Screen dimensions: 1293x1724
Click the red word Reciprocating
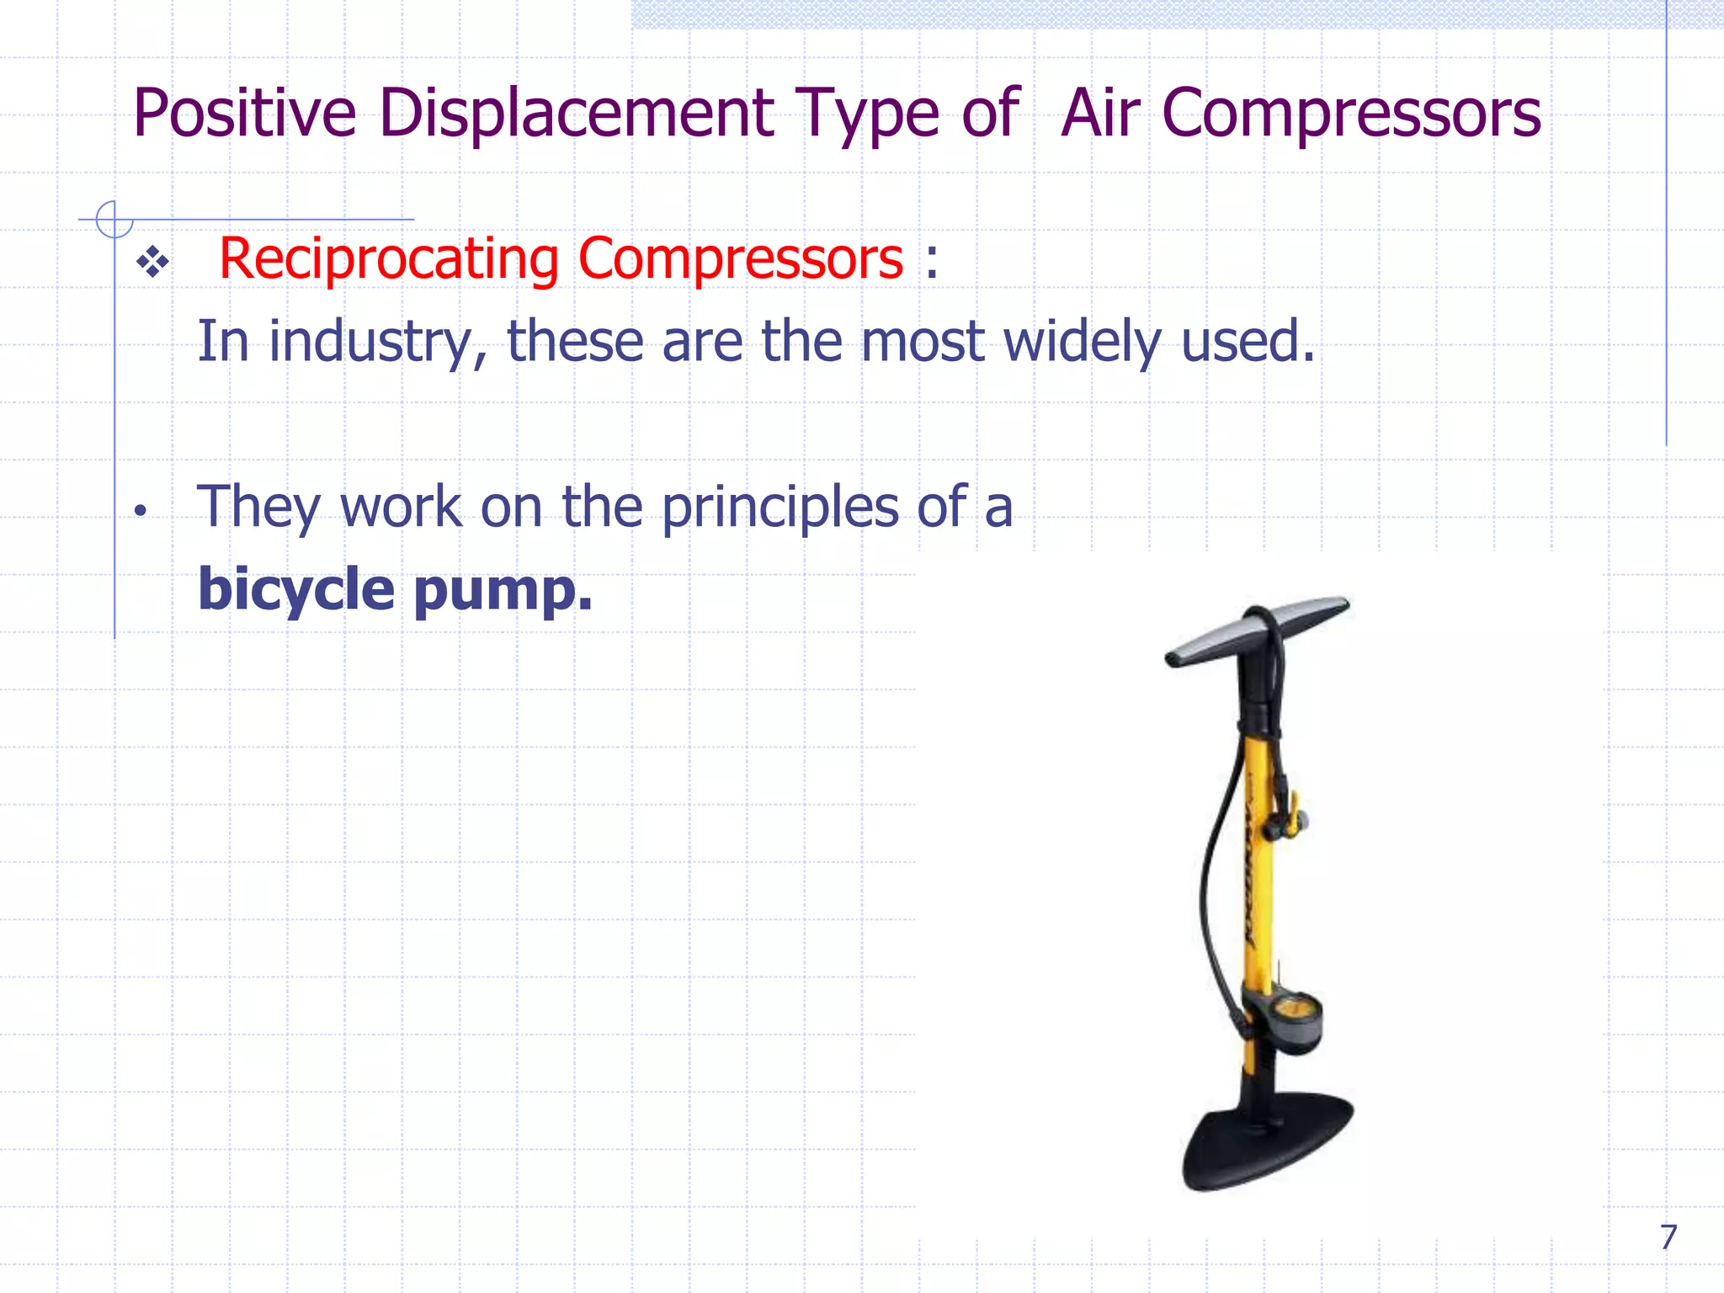point(388,258)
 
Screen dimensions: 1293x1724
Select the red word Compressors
point(741,258)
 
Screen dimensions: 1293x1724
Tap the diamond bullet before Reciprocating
point(152,263)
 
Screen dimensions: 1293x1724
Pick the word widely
point(1083,342)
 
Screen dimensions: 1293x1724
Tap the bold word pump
point(503,591)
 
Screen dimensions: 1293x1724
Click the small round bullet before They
point(141,510)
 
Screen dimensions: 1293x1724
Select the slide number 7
point(1668,1237)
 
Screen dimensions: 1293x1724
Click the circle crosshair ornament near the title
point(114,219)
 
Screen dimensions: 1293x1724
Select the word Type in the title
point(867,114)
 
